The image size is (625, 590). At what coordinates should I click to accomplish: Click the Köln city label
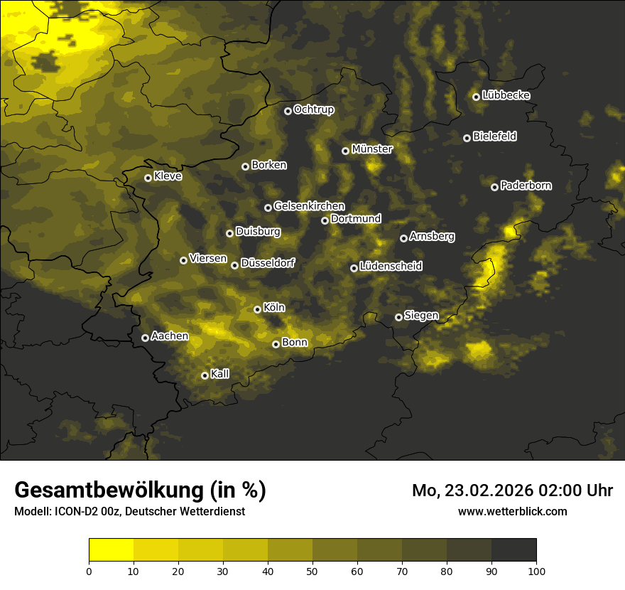pos(273,308)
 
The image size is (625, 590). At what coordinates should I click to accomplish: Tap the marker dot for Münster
pos(345,151)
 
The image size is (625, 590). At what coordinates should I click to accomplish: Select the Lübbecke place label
pos(506,95)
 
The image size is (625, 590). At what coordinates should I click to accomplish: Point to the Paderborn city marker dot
pos(494,187)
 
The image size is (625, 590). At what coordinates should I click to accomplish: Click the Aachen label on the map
pos(170,336)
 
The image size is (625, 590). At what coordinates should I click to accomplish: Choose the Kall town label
pos(220,374)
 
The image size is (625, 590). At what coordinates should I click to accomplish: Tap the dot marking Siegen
pos(398,317)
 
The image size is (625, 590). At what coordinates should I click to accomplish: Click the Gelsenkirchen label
pos(309,206)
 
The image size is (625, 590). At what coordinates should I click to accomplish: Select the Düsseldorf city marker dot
pos(234,265)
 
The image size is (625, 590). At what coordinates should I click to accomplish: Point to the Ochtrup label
pos(313,109)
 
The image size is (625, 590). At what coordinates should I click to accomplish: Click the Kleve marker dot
pos(148,178)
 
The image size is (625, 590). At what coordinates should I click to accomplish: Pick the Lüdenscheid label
pos(391,267)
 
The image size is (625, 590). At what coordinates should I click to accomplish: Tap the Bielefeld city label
pos(494,136)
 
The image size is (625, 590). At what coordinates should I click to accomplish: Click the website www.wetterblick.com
pos(512,511)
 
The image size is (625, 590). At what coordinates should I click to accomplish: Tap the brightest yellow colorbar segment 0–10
pos(111,550)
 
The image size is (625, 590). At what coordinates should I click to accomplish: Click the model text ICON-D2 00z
pos(82,511)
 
